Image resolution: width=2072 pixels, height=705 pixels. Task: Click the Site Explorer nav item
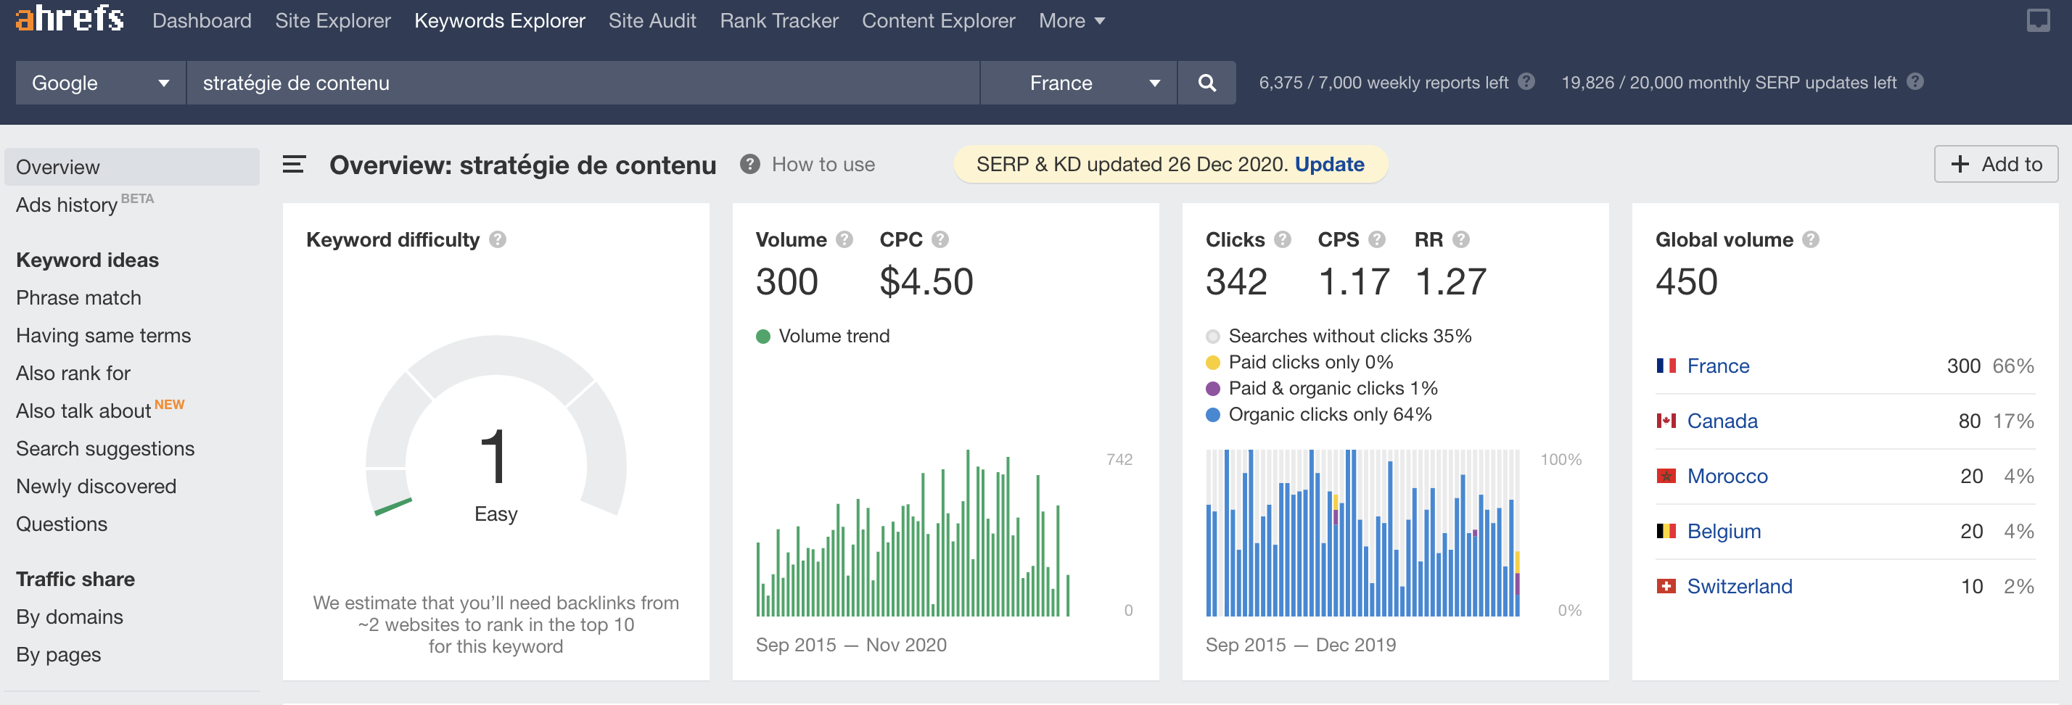pyautogui.click(x=332, y=21)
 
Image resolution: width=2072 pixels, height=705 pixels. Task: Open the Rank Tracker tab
pyautogui.click(x=778, y=21)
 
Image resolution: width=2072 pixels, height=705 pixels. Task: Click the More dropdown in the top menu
pyautogui.click(x=1072, y=21)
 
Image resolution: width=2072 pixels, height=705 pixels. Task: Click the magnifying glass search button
pyautogui.click(x=1206, y=83)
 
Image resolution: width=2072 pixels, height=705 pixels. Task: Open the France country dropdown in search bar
pyautogui.click(x=1079, y=83)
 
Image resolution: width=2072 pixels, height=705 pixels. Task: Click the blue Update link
pyautogui.click(x=1330, y=165)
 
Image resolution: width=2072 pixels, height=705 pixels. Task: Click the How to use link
pyautogui.click(x=823, y=165)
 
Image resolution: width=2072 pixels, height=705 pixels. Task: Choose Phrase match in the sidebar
pyautogui.click(x=79, y=298)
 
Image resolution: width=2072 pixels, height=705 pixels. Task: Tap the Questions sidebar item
pyautogui.click(x=62, y=524)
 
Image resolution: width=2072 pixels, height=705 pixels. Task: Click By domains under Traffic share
pyautogui.click(x=70, y=617)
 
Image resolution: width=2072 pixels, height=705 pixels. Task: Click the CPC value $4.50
pyautogui.click(x=926, y=281)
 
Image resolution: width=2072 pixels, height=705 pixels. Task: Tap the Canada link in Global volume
pyautogui.click(x=1722, y=421)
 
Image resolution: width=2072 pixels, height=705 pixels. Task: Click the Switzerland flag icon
pyautogui.click(x=1666, y=586)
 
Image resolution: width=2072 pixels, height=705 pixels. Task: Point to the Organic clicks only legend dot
pyautogui.click(x=1213, y=415)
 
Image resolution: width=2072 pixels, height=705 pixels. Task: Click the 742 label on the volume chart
pyautogui.click(x=1119, y=460)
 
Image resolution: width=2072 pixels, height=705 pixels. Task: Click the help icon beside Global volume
pyautogui.click(x=1811, y=239)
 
